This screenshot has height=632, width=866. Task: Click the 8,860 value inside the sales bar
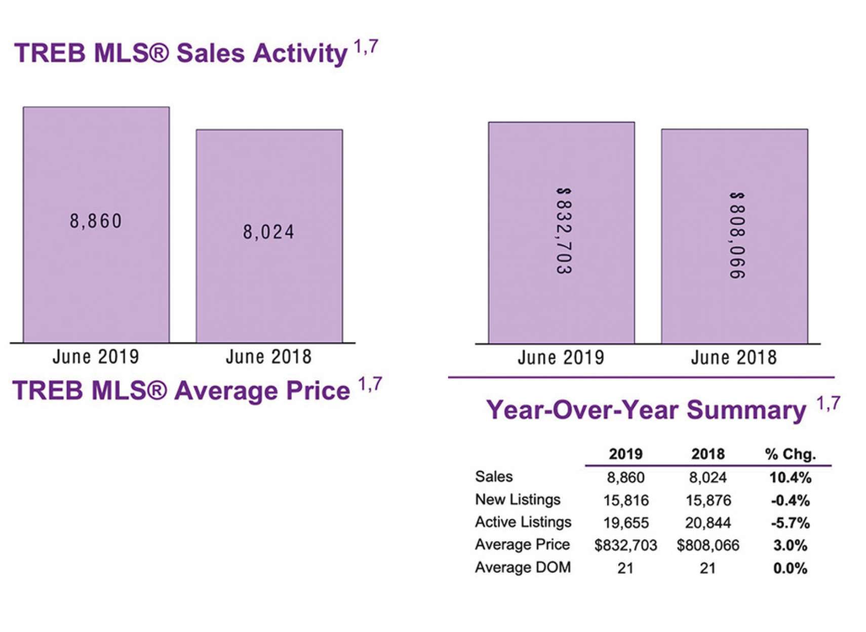[96, 221]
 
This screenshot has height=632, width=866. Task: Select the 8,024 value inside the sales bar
[268, 232]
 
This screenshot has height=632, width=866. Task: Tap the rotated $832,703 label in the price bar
[563, 231]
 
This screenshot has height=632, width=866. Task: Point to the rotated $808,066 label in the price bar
[737, 235]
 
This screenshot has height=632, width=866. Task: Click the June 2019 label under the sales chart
[96, 357]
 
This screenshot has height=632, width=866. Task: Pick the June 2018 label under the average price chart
[734, 358]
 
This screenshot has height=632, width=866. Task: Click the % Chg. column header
[790, 454]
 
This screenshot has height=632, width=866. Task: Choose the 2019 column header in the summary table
[625, 454]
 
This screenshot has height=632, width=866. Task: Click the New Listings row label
[518, 499]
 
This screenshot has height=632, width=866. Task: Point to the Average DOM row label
[523, 567]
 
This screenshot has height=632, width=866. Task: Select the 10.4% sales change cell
[790, 477]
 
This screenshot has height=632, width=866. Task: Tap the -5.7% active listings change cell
[790, 523]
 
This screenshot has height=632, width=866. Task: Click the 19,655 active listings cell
[625, 523]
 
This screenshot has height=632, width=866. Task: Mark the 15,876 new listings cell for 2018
[708, 500]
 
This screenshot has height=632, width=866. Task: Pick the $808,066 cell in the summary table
[708, 545]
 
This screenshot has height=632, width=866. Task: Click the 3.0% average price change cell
[790, 545]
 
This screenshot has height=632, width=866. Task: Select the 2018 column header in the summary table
[708, 454]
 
